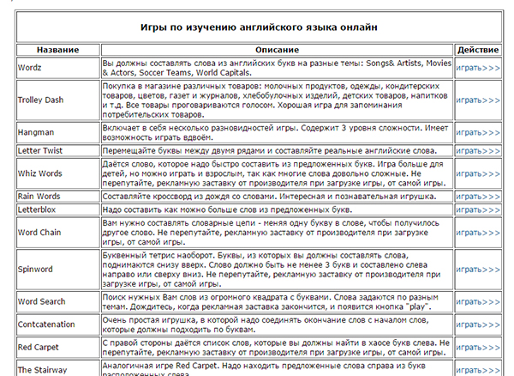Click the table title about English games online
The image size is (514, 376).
tap(257, 27)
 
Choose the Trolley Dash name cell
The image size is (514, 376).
tap(40, 100)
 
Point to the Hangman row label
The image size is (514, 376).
tap(36, 132)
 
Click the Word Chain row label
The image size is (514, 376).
tap(39, 233)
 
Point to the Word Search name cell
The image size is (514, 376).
tap(41, 302)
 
